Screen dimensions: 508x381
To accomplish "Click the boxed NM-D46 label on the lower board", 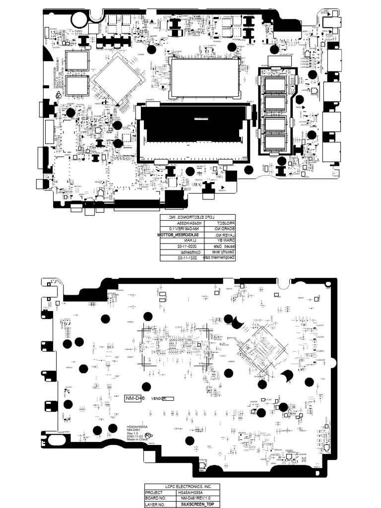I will click(x=133, y=398).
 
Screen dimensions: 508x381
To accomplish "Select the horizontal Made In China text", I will click(x=137, y=440).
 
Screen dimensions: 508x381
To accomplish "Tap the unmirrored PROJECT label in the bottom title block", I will click(x=155, y=493).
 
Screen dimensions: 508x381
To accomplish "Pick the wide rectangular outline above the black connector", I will click(x=203, y=77).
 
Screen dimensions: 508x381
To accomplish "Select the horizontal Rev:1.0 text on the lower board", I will click(x=132, y=433).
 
